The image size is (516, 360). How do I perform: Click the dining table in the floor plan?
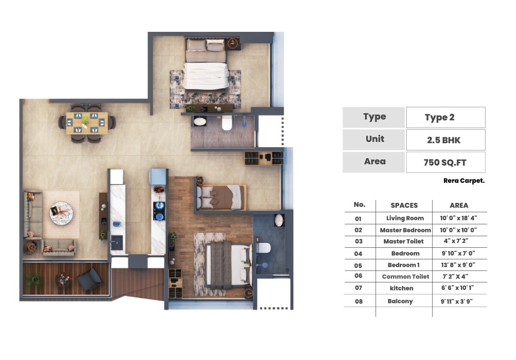[87, 123]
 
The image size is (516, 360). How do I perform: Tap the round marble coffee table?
[64, 213]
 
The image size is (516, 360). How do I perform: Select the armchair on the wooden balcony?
[90, 279]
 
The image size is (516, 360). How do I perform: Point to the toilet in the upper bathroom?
[227, 123]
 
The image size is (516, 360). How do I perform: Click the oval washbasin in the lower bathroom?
[279, 220]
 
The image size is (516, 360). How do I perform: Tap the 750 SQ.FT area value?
[445, 162]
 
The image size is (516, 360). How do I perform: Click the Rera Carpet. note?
[464, 181]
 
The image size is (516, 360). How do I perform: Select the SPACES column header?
[404, 206]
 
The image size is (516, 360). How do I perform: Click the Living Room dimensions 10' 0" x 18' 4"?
[459, 218]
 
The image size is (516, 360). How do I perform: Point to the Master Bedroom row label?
[405, 230]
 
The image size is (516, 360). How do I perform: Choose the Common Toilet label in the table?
[405, 277]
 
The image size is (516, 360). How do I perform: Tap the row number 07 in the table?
[358, 288]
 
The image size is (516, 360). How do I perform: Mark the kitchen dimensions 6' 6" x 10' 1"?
[459, 288]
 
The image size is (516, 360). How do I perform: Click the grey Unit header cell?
[374, 139]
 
